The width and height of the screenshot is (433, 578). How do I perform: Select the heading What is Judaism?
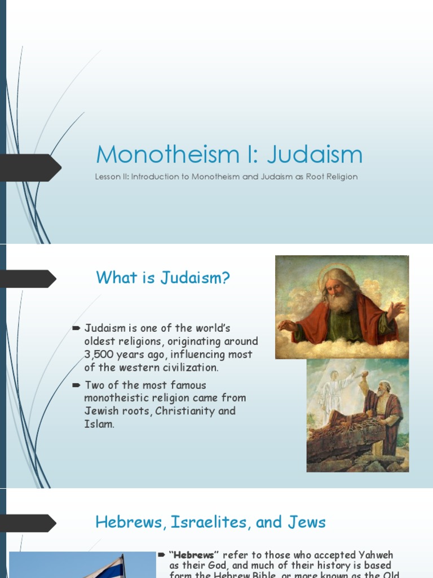(x=163, y=278)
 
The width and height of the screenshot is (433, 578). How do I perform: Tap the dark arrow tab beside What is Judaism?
(x=31, y=278)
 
